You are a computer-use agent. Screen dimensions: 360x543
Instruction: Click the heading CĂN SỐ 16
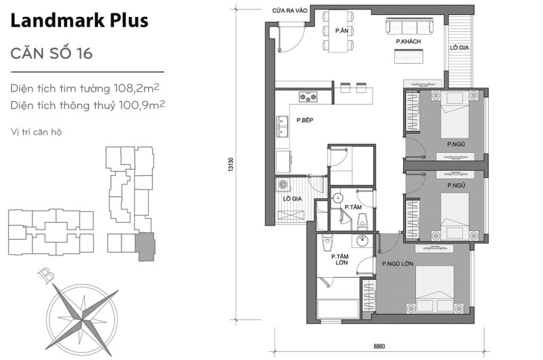52,53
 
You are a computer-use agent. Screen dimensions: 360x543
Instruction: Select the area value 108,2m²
141,88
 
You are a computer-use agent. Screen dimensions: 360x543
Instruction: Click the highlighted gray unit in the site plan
145,246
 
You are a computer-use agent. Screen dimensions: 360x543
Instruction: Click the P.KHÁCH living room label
409,42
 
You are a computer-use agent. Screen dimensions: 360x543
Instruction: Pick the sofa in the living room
409,27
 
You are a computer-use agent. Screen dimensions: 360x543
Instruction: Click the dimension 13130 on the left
231,166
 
